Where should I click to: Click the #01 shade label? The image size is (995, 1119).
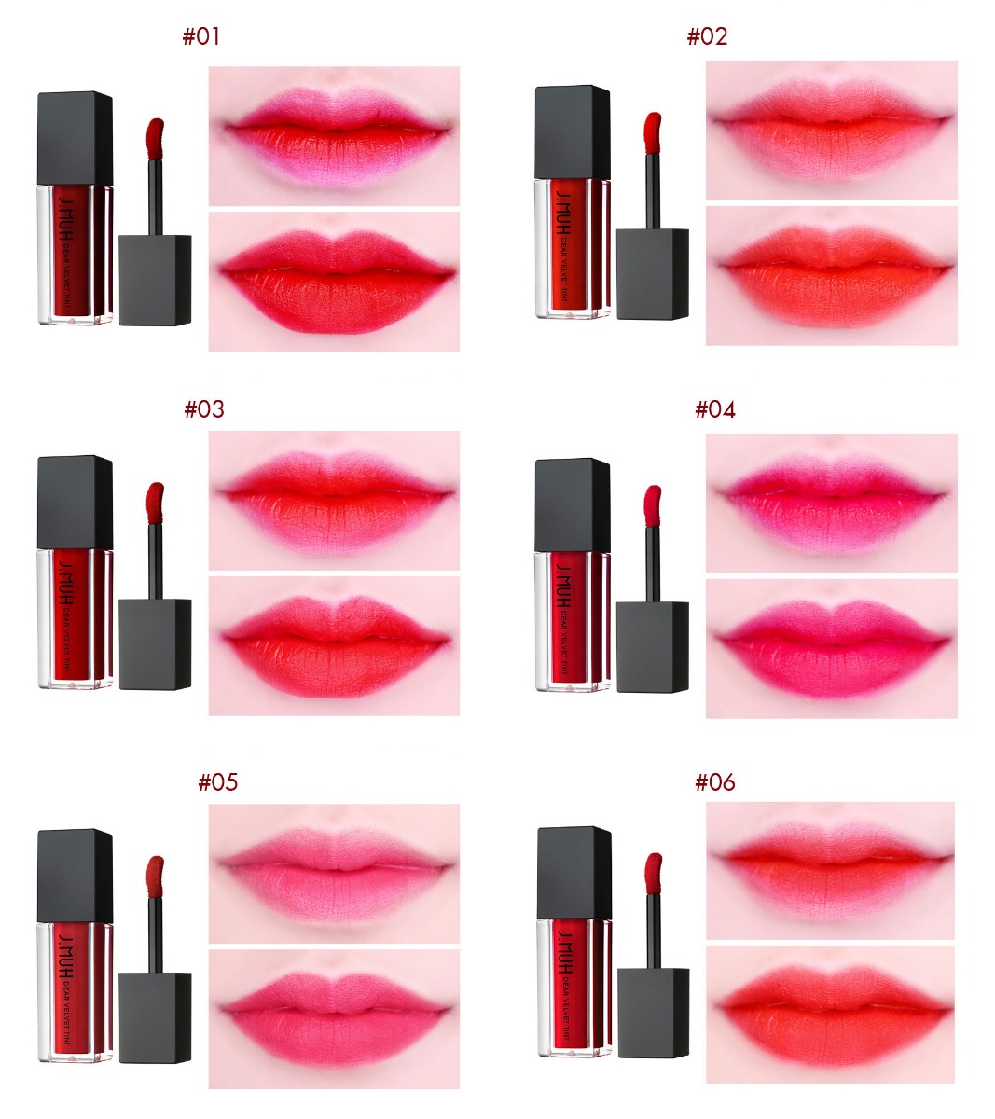click(201, 36)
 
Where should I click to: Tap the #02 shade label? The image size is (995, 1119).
click(707, 36)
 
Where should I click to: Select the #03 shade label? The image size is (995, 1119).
click(204, 409)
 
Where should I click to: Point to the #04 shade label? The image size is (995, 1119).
click(715, 409)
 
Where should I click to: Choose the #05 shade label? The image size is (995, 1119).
click(217, 782)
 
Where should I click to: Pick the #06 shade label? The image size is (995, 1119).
click(715, 782)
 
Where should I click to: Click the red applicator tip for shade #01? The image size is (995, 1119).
click(155, 139)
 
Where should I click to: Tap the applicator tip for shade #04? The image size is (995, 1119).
click(653, 506)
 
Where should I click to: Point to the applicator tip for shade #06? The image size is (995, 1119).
click(654, 874)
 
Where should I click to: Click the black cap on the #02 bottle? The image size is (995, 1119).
click(573, 131)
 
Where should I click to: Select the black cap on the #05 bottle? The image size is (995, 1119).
click(76, 876)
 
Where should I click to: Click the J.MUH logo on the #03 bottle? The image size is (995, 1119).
click(64, 582)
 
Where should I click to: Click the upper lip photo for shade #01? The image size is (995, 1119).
click(334, 136)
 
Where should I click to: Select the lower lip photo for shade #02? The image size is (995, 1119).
click(832, 276)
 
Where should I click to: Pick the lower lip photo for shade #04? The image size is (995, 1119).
click(832, 648)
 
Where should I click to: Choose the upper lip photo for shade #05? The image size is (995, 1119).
click(334, 874)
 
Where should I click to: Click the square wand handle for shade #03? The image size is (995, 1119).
click(155, 644)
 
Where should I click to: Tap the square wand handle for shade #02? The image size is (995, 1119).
click(653, 274)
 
